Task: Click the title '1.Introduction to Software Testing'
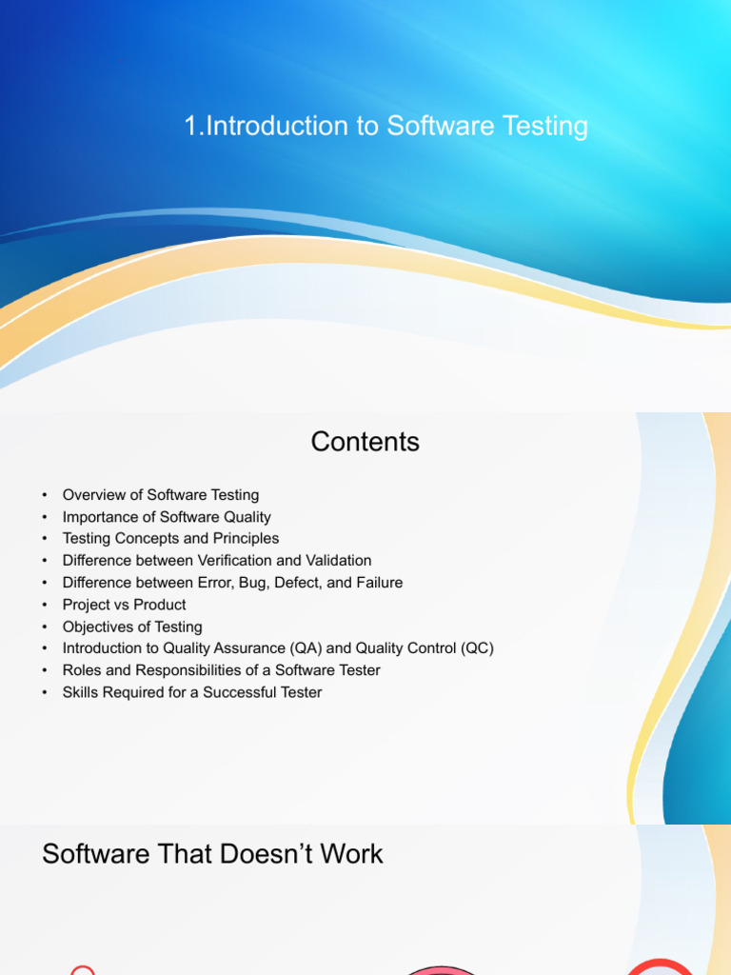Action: (386, 127)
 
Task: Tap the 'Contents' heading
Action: (365, 442)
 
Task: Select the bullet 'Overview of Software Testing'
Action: (160, 495)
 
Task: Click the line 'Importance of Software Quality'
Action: (167, 517)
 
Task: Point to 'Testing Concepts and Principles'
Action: (170, 539)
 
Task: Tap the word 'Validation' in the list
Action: (342, 560)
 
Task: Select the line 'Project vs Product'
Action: (124, 605)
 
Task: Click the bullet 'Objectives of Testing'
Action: (131, 627)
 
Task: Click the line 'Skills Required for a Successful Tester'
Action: (192, 693)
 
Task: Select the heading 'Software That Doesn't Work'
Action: (212, 854)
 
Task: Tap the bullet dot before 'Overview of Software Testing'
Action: (45, 495)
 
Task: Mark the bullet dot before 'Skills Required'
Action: (45, 693)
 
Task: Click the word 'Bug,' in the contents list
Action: (254, 584)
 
